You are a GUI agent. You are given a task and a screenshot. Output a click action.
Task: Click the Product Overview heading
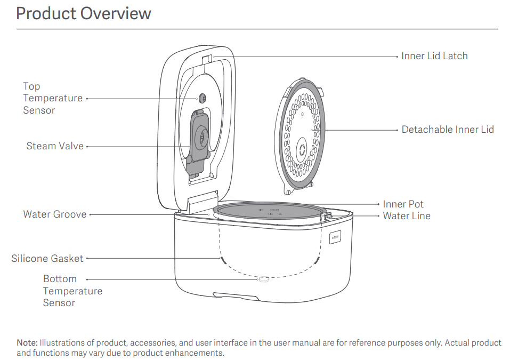coord(84,13)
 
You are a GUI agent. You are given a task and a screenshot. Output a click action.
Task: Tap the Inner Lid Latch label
coord(434,56)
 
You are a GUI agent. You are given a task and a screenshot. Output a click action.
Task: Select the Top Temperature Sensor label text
coord(52,98)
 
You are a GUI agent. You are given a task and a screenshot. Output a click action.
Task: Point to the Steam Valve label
coord(55,146)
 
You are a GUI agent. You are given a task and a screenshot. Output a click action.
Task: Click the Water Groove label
coord(54,214)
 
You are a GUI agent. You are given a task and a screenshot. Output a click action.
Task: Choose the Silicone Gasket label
coord(47,259)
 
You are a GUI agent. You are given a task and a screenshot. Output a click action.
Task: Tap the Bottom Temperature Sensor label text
coord(72,291)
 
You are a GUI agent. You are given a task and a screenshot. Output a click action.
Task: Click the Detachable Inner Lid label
coord(448,130)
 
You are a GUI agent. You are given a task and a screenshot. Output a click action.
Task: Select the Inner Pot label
coord(403,204)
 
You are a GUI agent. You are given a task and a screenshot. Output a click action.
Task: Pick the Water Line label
coord(407,216)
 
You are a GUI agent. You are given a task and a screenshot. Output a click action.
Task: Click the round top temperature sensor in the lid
coord(203,98)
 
